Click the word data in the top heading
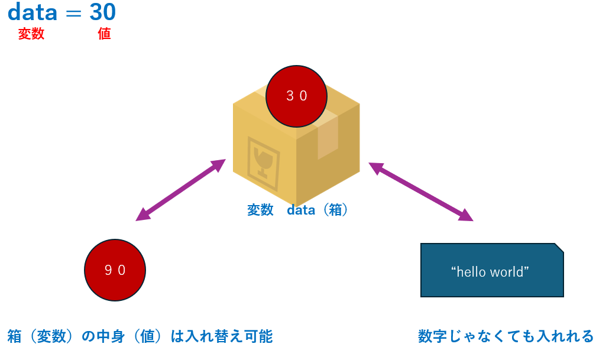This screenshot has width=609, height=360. pyautogui.click(x=32, y=12)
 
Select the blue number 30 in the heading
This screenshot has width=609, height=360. pyautogui.click(x=103, y=12)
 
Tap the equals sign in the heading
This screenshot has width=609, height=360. pyautogui.click(x=73, y=14)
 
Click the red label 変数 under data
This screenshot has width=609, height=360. pyautogui.click(x=31, y=34)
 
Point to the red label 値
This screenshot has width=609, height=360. pyautogui.click(x=104, y=34)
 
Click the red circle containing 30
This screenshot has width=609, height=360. pyautogui.click(x=296, y=96)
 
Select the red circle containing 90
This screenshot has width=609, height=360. pyautogui.click(x=115, y=270)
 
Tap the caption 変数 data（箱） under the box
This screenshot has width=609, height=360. pyautogui.click(x=297, y=210)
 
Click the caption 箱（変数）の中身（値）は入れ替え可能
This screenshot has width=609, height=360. pyautogui.click(x=140, y=336)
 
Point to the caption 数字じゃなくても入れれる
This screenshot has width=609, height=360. pyautogui.click(x=506, y=336)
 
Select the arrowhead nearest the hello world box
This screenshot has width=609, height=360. pyautogui.click(x=467, y=216)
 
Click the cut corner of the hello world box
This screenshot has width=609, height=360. pyautogui.click(x=559, y=248)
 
